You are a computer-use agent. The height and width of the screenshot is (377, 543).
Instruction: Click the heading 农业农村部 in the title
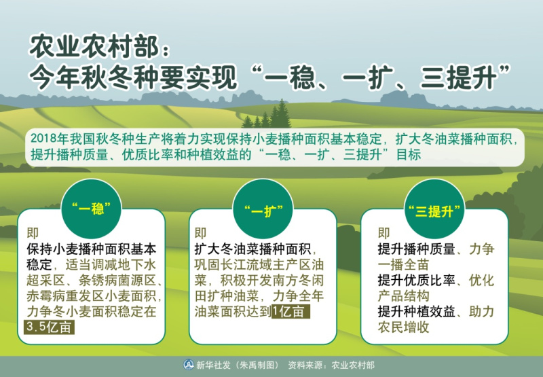pos(94,46)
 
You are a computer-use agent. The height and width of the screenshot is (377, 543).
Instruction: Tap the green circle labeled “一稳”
pos(91,209)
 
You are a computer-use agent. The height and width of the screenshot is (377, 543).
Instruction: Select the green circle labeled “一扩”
pos(263,209)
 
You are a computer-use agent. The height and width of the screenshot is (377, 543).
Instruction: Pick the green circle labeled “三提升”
pos(434,209)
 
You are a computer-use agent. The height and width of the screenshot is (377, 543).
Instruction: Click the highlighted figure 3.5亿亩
pos(49,327)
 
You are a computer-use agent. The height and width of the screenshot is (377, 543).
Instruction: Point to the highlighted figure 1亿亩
pos(291,312)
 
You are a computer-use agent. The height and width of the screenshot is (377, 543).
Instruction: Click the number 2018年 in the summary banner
pos(50,139)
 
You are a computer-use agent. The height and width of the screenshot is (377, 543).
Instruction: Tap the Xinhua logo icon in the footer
pos(189,365)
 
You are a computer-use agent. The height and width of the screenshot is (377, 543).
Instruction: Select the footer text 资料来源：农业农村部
pos(331,365)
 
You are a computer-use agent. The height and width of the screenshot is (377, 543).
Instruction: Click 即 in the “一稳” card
pos(33,233)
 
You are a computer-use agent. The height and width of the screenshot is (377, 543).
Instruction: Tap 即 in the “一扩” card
pos(200,233)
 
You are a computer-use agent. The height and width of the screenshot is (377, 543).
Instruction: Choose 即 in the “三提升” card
pos(383,233)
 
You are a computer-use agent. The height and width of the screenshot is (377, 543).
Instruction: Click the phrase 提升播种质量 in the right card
pos(416,249)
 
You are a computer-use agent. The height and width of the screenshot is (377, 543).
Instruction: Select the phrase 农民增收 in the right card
pos(403,327)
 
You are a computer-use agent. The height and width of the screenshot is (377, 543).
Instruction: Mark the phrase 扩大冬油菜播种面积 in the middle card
pos(252,249)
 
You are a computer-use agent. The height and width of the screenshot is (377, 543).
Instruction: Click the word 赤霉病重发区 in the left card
pos(65,296)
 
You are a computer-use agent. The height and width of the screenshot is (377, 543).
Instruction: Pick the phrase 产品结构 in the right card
pos(403,296)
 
